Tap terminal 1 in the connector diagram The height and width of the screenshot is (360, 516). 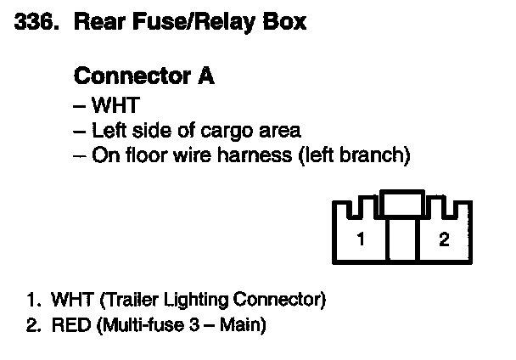tap(361, 239)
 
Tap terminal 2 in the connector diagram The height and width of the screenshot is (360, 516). tap(443, 239)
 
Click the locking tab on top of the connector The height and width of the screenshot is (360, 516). tap(402, 202)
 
